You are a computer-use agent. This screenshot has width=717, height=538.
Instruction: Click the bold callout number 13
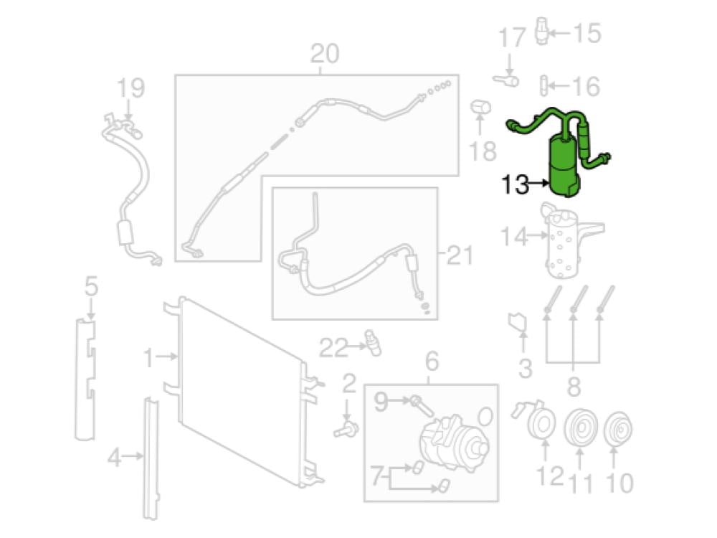point(515,184)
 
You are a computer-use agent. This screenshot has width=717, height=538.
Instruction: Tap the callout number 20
point(325,54)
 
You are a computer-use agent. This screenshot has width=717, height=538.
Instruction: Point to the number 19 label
point(130,88)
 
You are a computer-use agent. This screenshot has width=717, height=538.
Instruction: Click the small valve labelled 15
point(541,31)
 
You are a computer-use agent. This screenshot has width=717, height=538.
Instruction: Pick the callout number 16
point(586,86)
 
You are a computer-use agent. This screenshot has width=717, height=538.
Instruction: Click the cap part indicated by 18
point(480,108)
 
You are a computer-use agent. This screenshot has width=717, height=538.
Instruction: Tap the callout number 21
point(460,255)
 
